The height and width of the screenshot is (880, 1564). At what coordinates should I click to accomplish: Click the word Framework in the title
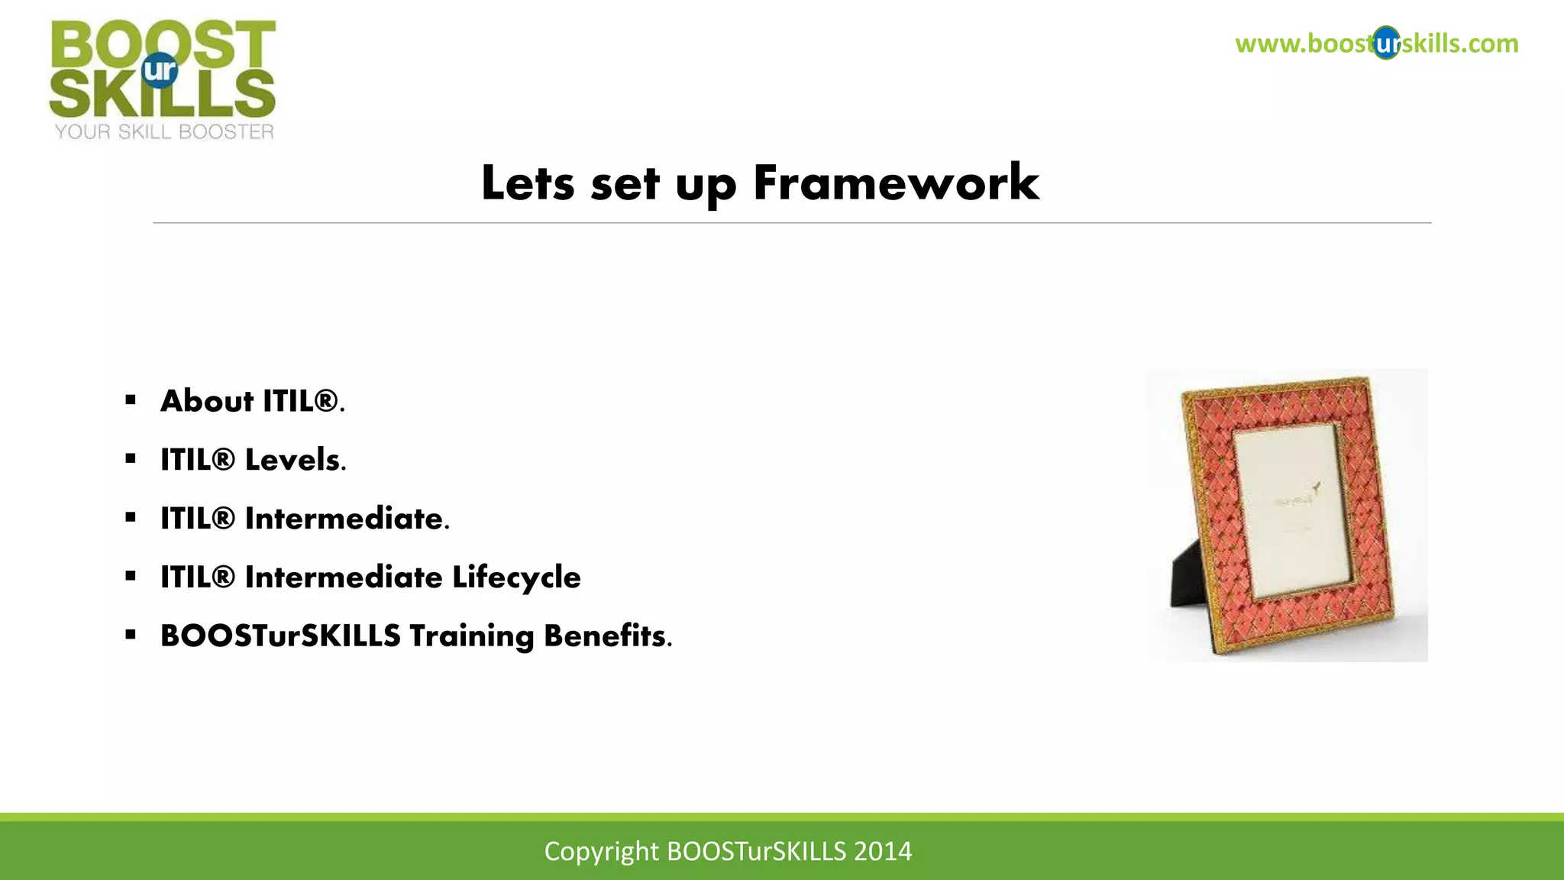(896, 183)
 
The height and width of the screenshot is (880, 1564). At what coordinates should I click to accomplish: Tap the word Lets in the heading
(527, 183)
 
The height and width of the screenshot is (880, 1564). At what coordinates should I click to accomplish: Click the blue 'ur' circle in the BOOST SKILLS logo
(160, 70)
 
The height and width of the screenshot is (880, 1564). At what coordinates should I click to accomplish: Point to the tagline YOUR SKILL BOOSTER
(164, 132)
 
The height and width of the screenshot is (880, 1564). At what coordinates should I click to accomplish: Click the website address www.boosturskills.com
(1376, 44)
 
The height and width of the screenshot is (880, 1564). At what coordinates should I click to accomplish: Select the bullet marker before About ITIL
(131, 400)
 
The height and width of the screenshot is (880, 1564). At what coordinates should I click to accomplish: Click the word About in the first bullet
(207, 401)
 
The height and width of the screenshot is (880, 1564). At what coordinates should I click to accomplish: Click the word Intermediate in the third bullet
(344, 519)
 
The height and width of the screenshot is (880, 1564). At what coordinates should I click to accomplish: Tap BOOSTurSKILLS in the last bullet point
(280, 636)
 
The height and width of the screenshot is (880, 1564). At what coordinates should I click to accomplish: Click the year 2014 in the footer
(883, 851)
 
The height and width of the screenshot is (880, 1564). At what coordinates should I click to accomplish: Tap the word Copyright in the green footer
(601, 851)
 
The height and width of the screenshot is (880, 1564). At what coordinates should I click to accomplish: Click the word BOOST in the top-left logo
(163, 43)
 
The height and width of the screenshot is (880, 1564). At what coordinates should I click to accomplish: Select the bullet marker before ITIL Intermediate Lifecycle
(131, 576)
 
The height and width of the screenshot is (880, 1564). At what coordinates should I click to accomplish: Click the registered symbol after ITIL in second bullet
(224, 459)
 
